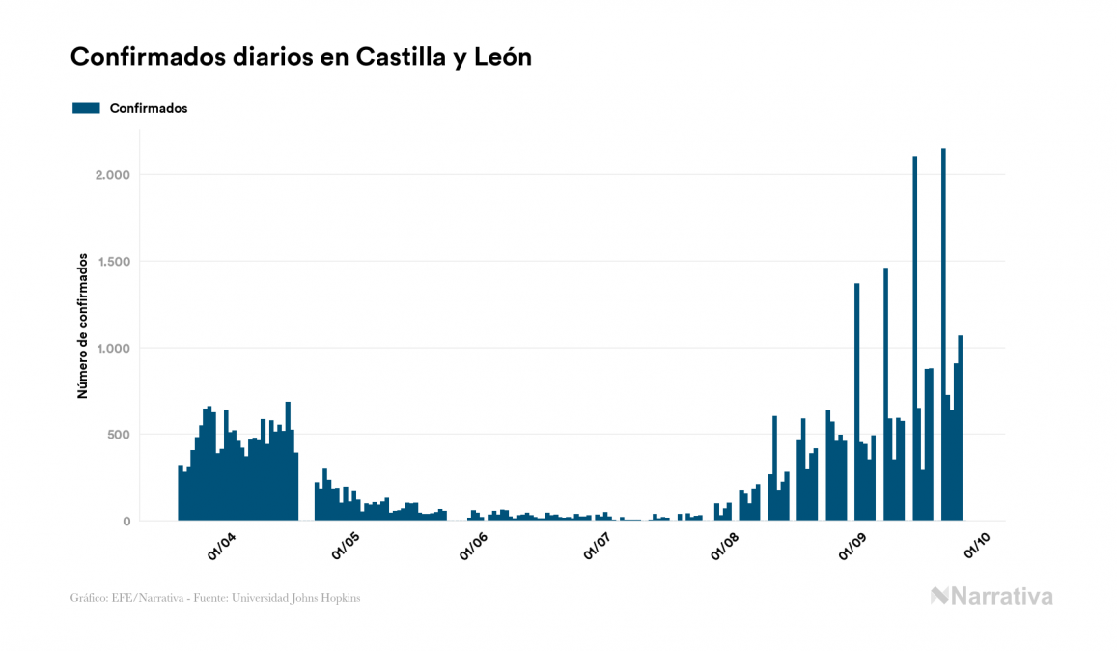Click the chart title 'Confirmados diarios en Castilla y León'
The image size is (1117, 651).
click(301, 58)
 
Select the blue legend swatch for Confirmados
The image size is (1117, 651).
click(86, 108)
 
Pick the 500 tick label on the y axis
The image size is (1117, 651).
click(116, 435)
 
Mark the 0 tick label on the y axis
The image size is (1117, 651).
click(126, 522)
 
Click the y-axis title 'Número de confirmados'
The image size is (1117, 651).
click(83, 326)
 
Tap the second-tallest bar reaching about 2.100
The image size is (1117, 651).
click(914, 338)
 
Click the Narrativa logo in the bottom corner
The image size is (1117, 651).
click(991, 596)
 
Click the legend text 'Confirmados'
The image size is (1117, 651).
click(149, 108)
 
